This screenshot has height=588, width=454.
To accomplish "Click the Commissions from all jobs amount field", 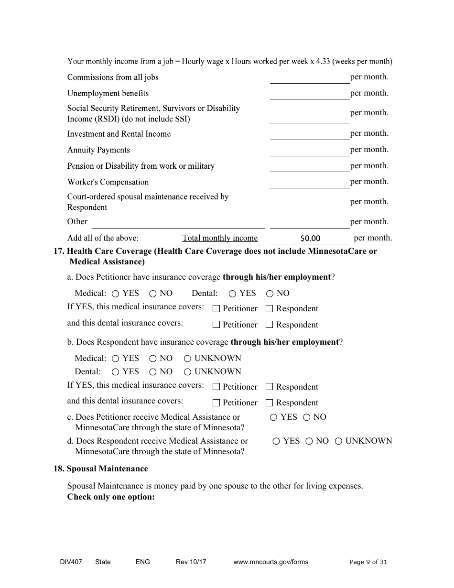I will coord(310,77).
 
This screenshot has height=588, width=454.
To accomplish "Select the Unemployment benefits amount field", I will coord(310,93).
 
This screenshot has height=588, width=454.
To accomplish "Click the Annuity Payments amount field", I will coord(310,150).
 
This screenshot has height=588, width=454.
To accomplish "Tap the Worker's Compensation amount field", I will coord(310,182).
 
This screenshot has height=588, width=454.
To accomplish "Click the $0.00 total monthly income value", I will coord(310,238).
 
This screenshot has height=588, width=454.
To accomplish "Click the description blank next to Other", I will coord(178,222).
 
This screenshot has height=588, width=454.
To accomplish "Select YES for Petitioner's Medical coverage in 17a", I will coord(116,294).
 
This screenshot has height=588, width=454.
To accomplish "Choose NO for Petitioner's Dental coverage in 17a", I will coord(270,294).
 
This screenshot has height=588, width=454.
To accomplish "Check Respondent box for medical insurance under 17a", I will coord(269,309).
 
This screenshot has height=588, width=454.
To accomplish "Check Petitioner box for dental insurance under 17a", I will coord(216,325).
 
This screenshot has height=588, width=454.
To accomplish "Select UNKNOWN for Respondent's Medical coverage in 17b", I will coord(188,359).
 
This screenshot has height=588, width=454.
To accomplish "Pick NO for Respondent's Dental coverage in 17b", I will coord(153,372).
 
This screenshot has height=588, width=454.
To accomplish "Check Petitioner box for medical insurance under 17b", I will coord(216,387).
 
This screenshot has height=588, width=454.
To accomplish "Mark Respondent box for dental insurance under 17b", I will coord(269,403).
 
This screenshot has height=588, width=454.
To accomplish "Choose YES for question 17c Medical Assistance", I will coord(274,417).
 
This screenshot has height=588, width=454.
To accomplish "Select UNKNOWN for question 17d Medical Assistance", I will coord(338,441).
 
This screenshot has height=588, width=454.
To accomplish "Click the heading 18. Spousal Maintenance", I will coord(101,468).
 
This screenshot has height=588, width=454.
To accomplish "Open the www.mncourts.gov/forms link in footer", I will coord(270,562).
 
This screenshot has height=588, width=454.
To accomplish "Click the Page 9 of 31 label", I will coord(368,562).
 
